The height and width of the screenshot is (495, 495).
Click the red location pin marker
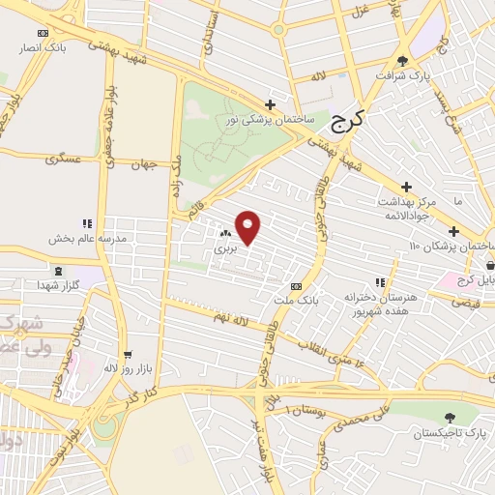tap(249, 227)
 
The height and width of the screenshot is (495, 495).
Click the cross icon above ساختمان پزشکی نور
tap(271, 104)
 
